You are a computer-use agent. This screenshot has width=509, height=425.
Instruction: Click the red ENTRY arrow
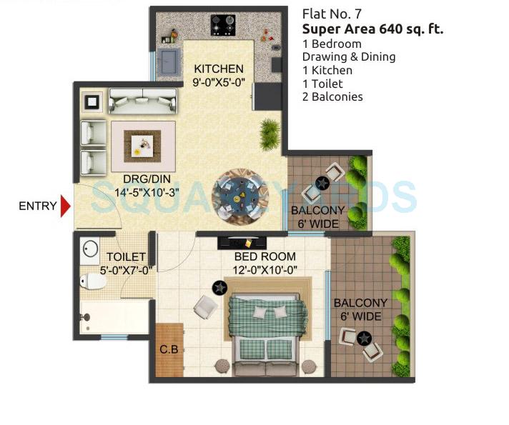[66, 206]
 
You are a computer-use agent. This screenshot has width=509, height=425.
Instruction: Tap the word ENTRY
[37, 206]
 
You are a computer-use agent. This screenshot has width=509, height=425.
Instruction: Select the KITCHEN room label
[219, 69]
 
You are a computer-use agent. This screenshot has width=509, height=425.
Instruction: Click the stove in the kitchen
[222, 26]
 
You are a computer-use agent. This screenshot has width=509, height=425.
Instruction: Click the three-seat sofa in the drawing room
[143, 101]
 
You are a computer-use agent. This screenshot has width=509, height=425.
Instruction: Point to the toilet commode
[92, 281]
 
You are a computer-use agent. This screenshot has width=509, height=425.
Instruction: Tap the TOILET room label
[126, 256]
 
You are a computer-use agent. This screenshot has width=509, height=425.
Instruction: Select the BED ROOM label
[265, 256]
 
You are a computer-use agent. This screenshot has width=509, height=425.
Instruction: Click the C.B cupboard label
[169, 349]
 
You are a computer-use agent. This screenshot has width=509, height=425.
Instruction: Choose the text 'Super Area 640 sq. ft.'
[372, 29]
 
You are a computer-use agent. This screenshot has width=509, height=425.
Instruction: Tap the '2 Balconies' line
[332, 96]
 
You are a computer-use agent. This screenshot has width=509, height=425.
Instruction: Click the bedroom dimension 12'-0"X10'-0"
[265, 269]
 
